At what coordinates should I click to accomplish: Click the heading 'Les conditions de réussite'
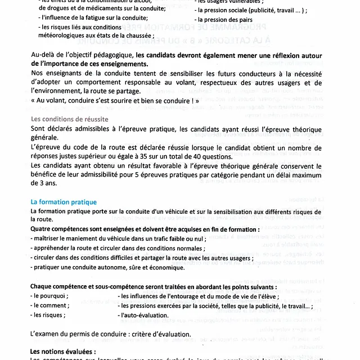[69, 120]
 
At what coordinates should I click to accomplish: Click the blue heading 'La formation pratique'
[64, 202]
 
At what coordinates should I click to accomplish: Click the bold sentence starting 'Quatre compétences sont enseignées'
[145, 229]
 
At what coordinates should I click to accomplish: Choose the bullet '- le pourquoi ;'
[51, 296]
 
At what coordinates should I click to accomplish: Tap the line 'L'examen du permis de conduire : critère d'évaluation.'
[111, 334]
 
